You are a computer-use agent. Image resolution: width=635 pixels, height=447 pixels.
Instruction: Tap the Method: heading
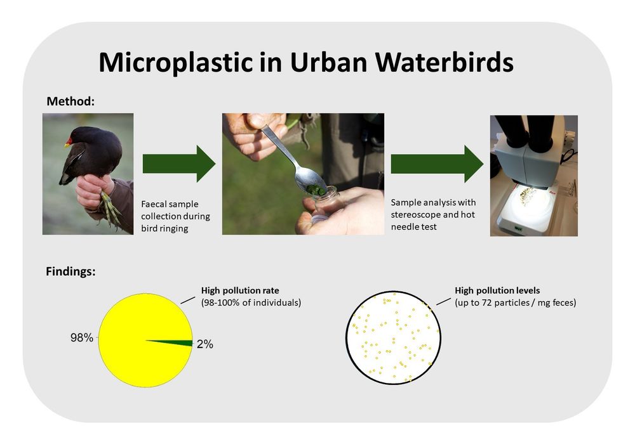pyautogui.click(x=70, y=101)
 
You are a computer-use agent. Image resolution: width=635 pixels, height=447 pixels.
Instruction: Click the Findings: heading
pyautogui.click(x=71, y=271)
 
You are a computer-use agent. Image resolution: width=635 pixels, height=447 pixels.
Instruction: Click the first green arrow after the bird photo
pyautogui.click(x=179, y=163)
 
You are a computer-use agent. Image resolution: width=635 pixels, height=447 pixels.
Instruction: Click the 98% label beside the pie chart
pyautogui.click(x=81, y=338)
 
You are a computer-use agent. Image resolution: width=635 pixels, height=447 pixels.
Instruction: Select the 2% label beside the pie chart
pyautogui.click(x=204, y=344)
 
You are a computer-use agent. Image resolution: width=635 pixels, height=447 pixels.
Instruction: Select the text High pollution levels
pyautogui.click(x=497, y=290)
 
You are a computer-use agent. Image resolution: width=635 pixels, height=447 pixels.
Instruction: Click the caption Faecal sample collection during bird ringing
pyautogui.click(x=175, y=216)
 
